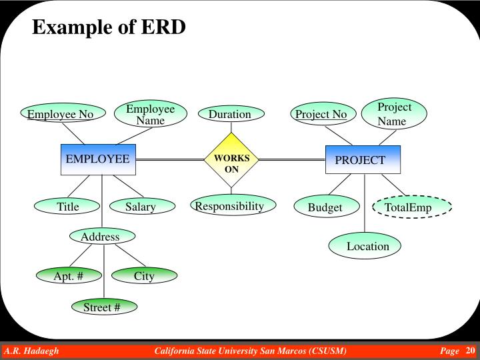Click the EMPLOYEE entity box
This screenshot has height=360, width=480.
click(98, 159)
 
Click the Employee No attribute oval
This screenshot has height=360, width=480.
click(60, 115)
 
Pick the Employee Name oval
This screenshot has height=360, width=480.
click(150, 115)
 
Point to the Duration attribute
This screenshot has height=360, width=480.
click(230, 115)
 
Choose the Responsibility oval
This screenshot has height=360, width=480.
click(229, 207)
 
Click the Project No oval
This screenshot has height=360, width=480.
click(321, 115)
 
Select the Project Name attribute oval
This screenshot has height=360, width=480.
click(394, 114)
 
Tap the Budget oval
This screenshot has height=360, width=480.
click(325, 207)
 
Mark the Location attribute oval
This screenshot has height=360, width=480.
click(367, 246)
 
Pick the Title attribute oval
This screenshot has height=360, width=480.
click(68, 207)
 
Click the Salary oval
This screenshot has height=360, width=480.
click(141, 207)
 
